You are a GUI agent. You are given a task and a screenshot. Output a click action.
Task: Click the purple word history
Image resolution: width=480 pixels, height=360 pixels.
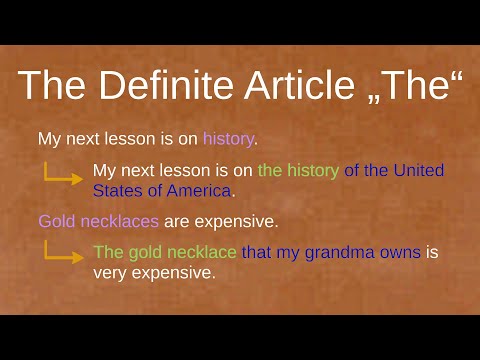coord(228,139)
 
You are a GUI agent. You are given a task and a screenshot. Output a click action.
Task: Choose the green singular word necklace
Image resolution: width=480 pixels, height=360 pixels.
coord(201,252)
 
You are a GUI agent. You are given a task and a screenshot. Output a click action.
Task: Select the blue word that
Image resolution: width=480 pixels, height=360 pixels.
coord(255,252)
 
